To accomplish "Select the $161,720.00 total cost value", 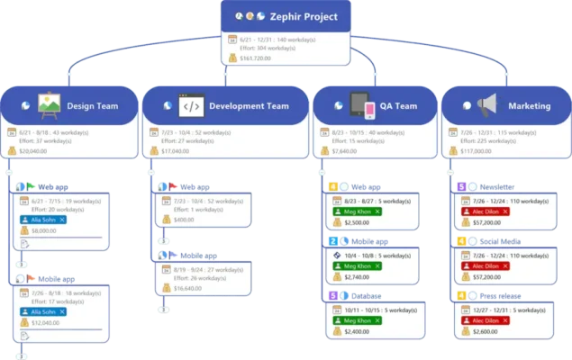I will [254, 58].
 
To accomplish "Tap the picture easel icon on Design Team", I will [50, 105].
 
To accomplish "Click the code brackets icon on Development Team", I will [189, 105].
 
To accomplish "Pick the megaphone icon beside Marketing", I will [488, 105].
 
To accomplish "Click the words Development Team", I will [249, 106].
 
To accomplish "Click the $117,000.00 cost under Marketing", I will [478, 151].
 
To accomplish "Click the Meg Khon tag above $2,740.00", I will [354, 266].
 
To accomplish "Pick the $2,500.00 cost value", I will [358, 221].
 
